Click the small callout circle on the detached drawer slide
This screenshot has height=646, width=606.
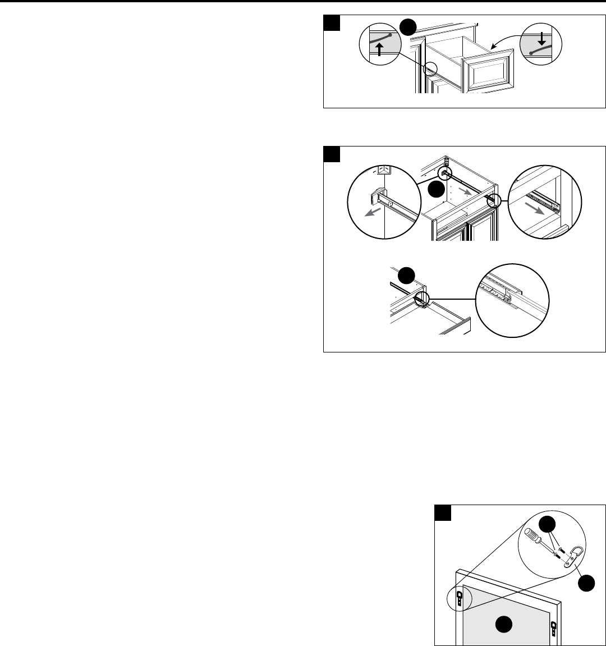[421, 300]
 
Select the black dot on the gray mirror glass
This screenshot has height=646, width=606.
[506, 624]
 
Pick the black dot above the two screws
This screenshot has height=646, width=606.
[546, 524]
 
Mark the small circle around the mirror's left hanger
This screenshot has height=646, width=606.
[459, 598]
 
